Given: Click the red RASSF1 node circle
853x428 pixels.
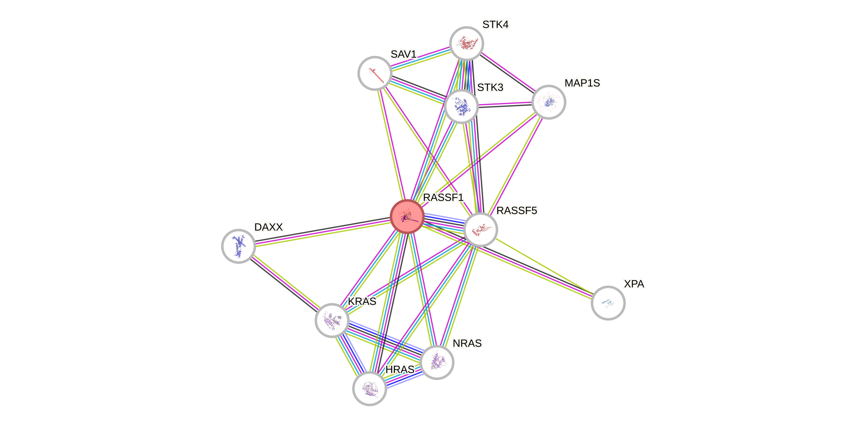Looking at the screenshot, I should coord(407,216).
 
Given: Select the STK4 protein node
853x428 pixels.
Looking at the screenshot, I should coord(466,43).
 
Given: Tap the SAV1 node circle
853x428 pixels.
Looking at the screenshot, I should coord(375,73).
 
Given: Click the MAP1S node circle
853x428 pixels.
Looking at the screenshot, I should coord(549,102).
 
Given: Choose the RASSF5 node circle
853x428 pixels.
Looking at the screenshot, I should coord(480,230).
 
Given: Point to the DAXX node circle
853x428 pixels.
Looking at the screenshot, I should coord(238,246).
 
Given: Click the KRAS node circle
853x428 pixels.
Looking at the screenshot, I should coord(332,320).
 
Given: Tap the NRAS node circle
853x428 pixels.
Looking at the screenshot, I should coord(437,362).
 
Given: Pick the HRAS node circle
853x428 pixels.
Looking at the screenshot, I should coord(369,388).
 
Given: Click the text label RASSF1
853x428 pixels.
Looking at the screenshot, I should coord(443,197).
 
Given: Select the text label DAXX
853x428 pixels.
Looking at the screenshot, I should coord(269,227).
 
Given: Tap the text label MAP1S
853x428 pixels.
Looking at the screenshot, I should coord(582,83).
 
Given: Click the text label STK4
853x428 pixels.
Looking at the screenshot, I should coord(495,24).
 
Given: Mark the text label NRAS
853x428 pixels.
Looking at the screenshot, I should coord(467,343).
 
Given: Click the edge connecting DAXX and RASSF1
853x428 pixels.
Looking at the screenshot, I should coord(323,233).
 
